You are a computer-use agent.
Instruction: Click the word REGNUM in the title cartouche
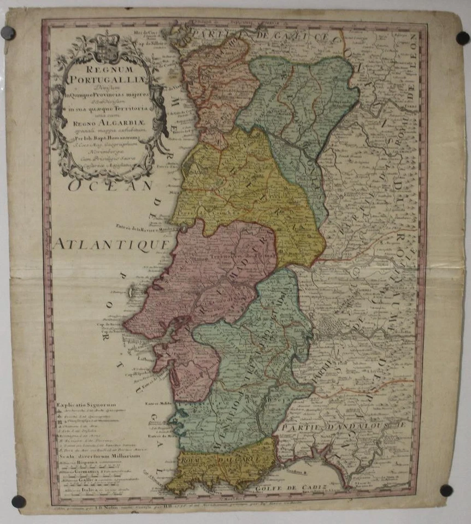pos(104,71)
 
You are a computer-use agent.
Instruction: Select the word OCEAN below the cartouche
pos(110,186)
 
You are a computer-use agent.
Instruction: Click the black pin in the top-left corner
pos(8,33)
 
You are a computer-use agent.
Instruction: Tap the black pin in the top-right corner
pos(462,38)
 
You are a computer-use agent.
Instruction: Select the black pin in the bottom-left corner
pos(18,501)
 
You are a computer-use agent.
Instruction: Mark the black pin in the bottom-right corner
pos(446,490)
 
